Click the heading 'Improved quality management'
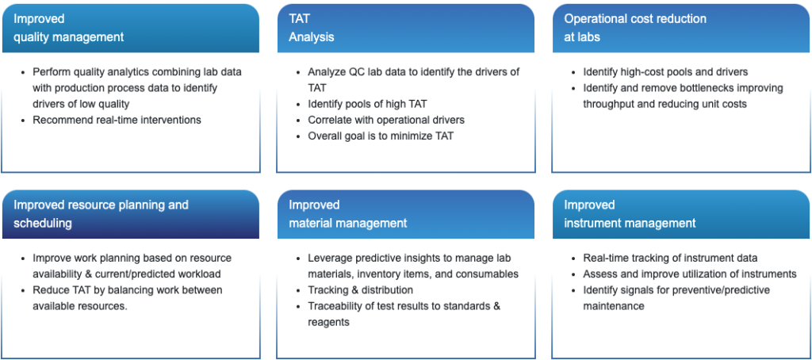pyautogui.click(x=69, y=28)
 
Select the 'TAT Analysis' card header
pyautogui.click(x=311, y=28)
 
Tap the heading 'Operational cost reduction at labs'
pyautogui.click(x=635, y=28)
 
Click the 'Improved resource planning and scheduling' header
pyautogui.click(x=101, y=214)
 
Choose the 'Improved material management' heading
pyautogui.click(x=348, y=214)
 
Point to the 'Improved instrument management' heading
pyautogui.click(x=630, y=214)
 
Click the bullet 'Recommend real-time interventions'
pyautogui.click(x=117, y=120)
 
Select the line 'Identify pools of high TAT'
pyautogui.click(x=367, y=104)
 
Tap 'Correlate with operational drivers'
pyautogui.click(x=386, y=120)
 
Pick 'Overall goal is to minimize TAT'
pyautogui.click(x=381, y=136)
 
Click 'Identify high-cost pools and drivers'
pyautogui.click(x=665, y=71)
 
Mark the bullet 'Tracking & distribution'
pyautogui.click(x=361, y=289)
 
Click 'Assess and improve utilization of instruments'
pyautogui.click(x=690, y=274)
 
